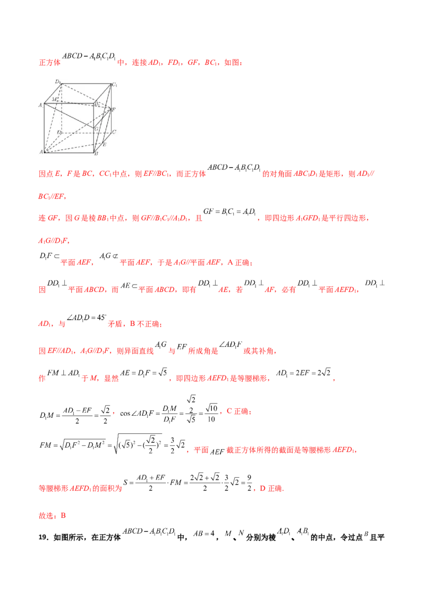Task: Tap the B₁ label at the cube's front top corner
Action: tap(97, 105)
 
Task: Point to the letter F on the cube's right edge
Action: tap(113, 109)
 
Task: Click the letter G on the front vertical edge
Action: tap(96, 128)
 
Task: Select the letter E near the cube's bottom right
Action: tap(104, 144)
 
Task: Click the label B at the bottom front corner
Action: tap(96, 154)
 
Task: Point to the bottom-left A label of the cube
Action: tap(41, 152)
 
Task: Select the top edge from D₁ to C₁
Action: tap(85, 84)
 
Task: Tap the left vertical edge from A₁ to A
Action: tap(44, 127)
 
